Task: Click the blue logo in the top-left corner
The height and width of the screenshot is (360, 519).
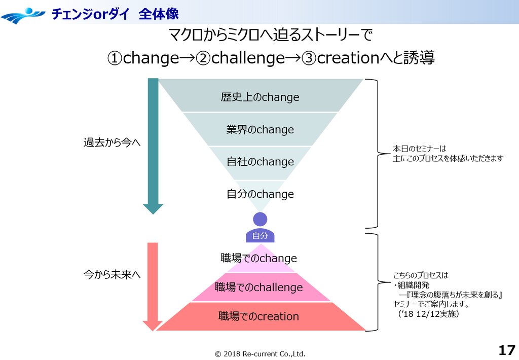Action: tap(23, 15)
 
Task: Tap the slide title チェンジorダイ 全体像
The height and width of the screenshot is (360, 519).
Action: tap(115, 14)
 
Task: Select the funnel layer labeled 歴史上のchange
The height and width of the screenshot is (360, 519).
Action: tap(260, 97)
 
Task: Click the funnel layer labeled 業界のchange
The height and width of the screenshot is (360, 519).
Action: tap(260, 130)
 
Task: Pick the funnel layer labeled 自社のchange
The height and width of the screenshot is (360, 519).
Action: tap(260, 162)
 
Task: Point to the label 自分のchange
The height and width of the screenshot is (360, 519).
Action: tap(260, 194)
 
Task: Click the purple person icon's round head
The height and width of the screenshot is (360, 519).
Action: tap(260, 219)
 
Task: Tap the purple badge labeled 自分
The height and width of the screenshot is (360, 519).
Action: tap(260, 236)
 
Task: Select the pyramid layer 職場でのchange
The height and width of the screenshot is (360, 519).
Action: tap(259, 259)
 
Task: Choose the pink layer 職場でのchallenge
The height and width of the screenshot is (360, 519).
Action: tap(259, 287)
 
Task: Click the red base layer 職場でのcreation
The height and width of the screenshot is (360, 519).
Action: tap(259, 317)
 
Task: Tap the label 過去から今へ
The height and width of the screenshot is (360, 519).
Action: tap(112, 143)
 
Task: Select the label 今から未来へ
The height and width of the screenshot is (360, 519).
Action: tap(112, 274)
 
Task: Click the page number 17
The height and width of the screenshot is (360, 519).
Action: tap(506, 350)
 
